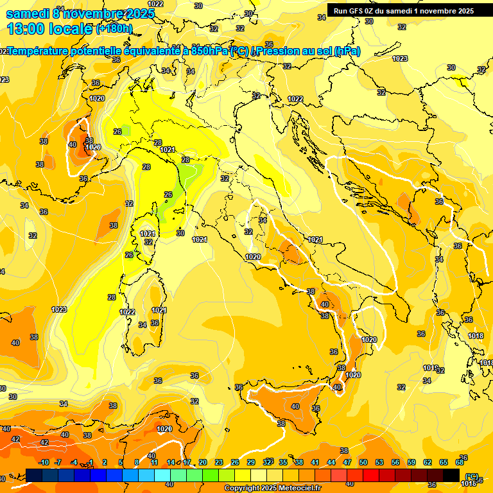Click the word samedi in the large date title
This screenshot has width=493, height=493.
pos(27,13)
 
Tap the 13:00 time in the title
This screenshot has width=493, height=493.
pos(26,28)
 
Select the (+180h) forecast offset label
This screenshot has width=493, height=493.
pos(114,28)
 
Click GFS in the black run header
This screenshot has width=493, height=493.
pos(358,10)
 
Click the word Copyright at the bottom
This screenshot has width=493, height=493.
pos(242,489)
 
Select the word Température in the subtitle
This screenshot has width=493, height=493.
pos(42,51)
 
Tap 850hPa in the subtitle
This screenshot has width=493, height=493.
pos(209,51)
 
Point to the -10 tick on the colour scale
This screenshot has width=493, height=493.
pos(44,463)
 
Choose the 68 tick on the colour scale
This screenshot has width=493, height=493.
pos(460,463)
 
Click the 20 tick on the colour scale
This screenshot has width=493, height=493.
pos(202,463)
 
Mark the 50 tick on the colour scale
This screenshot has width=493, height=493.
pos(363,463)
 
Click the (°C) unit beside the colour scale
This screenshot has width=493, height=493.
pos(472,476)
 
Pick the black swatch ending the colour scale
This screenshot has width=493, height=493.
pos(452,475)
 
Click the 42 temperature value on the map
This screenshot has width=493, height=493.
pos(44,442)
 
